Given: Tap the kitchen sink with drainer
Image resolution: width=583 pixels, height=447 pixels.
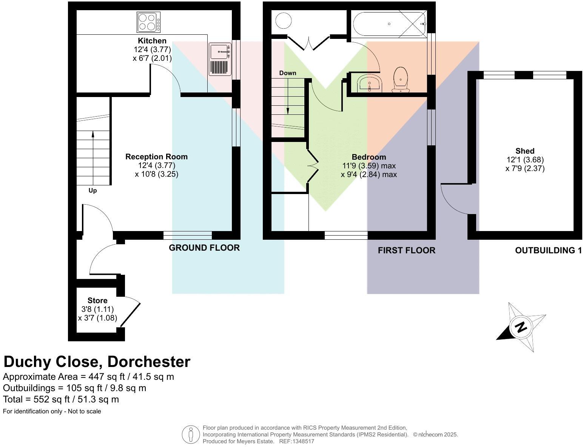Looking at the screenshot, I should (220, 59).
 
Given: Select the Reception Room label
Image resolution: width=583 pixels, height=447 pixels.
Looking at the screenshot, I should (156, 157).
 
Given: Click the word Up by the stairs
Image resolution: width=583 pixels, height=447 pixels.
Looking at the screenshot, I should (93, 191).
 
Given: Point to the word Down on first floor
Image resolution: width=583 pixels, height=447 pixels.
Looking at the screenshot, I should (288, 73).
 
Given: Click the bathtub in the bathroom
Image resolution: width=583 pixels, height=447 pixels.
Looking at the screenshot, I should (389, 24).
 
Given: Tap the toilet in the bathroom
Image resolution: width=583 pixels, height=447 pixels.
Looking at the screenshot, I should (401, 80).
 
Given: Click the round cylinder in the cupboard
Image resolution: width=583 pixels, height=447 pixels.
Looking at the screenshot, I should (283, 20).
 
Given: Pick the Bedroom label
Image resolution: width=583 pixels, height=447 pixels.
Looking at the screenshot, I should (369, 157).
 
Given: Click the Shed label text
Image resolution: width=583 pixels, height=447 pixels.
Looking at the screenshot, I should (525, 151).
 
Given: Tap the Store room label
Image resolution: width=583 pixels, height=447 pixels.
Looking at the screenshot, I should (97, 301).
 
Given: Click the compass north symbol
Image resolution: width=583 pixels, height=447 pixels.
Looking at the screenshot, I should (521, 327).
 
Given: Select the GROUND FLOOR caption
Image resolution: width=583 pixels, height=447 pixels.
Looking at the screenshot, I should (204, 248).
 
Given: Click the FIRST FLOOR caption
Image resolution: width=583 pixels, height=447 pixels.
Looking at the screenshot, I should (406, 250).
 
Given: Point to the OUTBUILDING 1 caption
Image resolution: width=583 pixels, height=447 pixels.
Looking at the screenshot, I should (548, 250).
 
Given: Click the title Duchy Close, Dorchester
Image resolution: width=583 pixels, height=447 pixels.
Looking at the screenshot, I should (97, 362).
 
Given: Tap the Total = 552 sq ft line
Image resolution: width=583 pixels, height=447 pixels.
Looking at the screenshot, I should (61, 399).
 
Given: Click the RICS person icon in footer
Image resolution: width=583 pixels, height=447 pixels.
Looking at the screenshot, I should (191, 435).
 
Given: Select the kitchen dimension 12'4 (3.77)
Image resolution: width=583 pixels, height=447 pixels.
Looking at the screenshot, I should (152, 49).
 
